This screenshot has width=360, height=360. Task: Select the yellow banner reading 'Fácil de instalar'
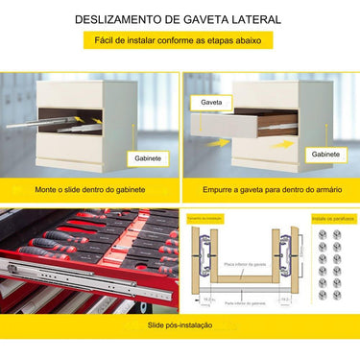(x=179, y=41)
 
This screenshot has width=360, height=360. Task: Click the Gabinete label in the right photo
(x=325, y=154)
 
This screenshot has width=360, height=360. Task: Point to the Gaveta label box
(x=211, y=101)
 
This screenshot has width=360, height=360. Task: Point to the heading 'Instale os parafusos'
(x=332, y=220)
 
